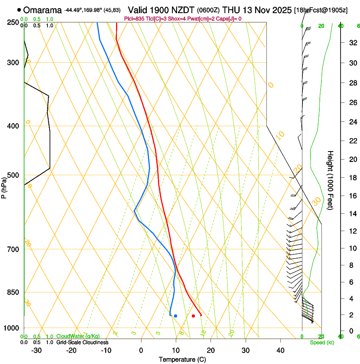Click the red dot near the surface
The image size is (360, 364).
coord(193,316)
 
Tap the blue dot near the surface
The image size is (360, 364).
coord(175,316)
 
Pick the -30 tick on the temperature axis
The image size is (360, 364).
coord(37,350)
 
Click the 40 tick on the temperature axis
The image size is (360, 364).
coord(280,350)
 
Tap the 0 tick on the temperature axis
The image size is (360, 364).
coord(141,350)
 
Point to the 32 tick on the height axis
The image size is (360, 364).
coord(351,43)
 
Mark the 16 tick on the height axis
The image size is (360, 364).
coord(351,196)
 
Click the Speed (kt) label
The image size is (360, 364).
coord(321,342)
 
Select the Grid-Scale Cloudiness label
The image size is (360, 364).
coord(82,342)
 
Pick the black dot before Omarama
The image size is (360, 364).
coord(19,10)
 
